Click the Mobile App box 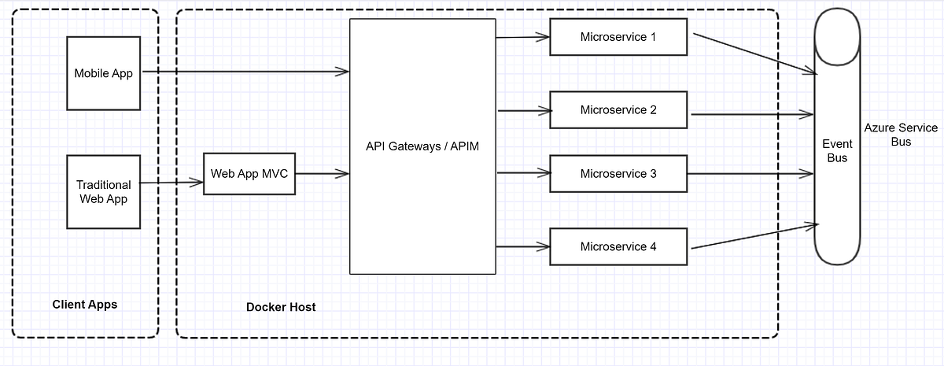pyautogui.click(x=104, y=73)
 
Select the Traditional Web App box pyautogui.click(x=104, y=192)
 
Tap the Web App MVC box pyautogui.click(x=250, y=174)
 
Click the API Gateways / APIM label pyautogui.click(x=422, y=146)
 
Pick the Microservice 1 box pyautogui.click(x=618, y=37)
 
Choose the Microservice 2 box pyautogui.click(x=618, y=110)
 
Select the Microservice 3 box pyautogui.click(x=618, y=174)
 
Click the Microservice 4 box pyautogui.click(x=618, y=247)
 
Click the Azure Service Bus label pyautogui.click(x=901, y=135)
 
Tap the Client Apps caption pyautogui.click(x=84, y=304)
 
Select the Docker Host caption pyautogui.click(x=281, y=307)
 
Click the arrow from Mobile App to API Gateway pyautogui.click(x=244, y=72)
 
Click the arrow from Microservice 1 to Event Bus pyautogui.click(x=754, y=54)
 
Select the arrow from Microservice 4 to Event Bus pyautogui.click(x=754, y=237)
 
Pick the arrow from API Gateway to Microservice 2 pyautogui.click(x=522, y=110)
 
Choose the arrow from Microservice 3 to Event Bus pyautogui.click(x=751, y=173)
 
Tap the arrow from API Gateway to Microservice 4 pyautogui.click(x=522, y=247)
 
